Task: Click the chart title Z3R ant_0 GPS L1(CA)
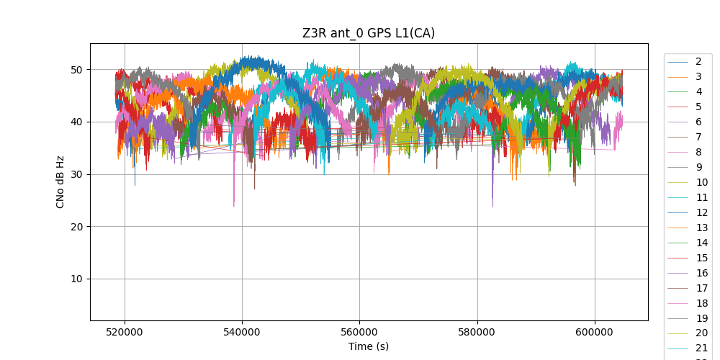(x=369, y=33)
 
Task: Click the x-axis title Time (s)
(x=369, y=346)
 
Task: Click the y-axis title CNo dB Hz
(x=60, y=181)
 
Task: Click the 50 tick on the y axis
(x=76, y=70)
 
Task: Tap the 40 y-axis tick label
(x=76, y=122)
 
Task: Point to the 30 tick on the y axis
(x=76, y=174)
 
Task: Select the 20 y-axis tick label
(x=76, y=227)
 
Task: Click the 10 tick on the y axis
(x=76, y=279)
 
